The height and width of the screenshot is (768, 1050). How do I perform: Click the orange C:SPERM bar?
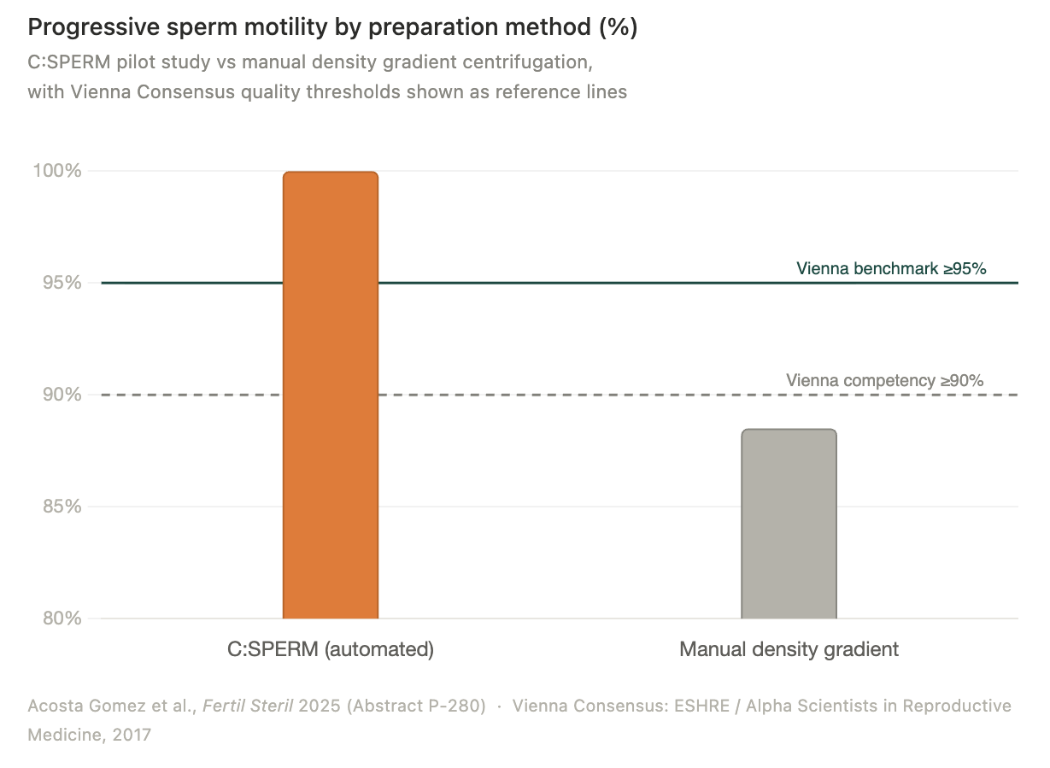(x=331, y=395)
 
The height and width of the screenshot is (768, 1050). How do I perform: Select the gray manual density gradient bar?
(x=789, y=524)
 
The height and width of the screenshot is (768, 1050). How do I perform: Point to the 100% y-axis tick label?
(x=57, y=171)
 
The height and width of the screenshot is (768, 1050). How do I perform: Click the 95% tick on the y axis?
(x=62, y=283)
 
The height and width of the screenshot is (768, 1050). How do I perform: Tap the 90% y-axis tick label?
(x=62, y=395)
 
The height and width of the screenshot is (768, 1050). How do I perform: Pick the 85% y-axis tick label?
(x=62, y=506)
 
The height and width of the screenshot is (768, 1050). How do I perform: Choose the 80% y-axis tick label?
(x=62, y=618)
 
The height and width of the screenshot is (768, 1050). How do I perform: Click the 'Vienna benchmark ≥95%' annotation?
(x=891, y=268)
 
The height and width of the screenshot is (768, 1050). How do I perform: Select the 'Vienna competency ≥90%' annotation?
(x=884, y=380)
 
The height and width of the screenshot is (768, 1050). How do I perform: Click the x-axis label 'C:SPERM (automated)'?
(x=331, y=650)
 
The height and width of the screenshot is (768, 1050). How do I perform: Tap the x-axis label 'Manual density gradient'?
(x=789, y=650)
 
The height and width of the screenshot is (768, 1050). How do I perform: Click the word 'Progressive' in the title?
(x=94, y=27)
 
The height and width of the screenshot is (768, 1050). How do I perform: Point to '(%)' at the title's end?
(x=619, y=27)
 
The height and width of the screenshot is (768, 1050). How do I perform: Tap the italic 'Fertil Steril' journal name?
(x=248, y=706)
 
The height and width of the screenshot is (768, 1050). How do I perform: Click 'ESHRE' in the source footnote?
(x=701, y=706)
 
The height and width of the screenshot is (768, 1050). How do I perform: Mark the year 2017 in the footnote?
(x=132, y=735)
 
